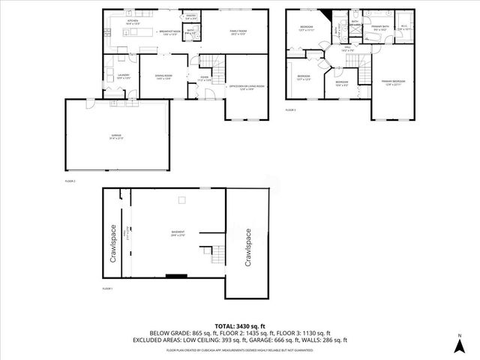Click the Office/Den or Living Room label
(247, 87)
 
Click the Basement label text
(178, 235)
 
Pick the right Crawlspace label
(247, 247)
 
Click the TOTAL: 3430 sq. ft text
(240, 325)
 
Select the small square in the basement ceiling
(181, 199)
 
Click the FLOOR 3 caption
(290, 110)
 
